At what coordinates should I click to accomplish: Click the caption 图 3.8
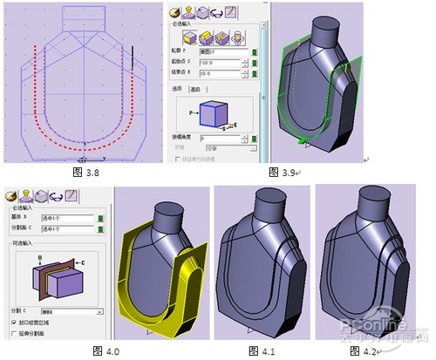click(85, 173)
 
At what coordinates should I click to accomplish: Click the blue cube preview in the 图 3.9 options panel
click(213, 112)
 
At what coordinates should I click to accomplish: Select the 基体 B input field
click(65, 218)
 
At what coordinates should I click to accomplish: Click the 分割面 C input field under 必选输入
click(65, 229)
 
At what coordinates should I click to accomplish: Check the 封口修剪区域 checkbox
click(11, 322)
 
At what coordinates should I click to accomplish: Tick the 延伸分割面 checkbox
click(11, 332)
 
